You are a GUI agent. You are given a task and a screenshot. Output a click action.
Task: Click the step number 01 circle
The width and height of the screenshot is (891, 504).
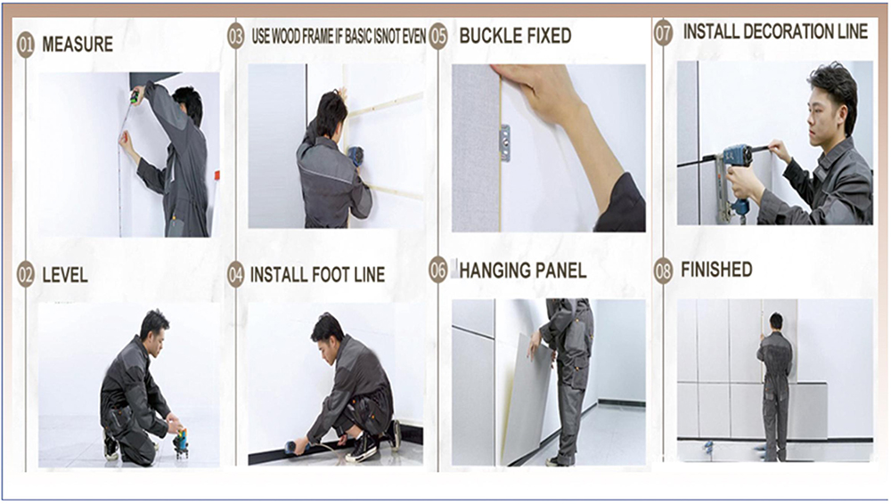click(x=26, y=45)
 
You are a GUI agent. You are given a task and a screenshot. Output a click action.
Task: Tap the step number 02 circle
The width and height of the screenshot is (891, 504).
click(x=26, y=275)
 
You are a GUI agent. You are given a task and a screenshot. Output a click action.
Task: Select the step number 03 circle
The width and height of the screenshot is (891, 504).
click(x=236, y=36)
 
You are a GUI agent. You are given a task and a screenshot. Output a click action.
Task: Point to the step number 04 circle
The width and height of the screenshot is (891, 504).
click(x=236, y=275)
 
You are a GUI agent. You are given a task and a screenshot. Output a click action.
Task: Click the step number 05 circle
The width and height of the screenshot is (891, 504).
click(x=438, y=37)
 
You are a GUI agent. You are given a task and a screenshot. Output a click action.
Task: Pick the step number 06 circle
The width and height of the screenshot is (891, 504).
click(x=438, y=269)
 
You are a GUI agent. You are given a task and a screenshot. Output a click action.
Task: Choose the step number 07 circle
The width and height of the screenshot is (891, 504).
click(x=663, y=32)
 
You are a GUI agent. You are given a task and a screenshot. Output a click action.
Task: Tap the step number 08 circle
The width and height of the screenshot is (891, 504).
click(x=663, y=271)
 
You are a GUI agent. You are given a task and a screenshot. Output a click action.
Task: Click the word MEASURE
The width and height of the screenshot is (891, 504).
click(x=78, y=45)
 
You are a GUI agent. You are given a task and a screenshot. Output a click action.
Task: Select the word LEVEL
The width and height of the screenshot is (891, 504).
click(x=65, y=275)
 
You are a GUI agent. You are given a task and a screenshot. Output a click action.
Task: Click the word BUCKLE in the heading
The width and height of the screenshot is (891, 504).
click(x=487, y=36)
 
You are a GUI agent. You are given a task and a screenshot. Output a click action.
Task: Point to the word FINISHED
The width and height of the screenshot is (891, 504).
click(x=716, y=269)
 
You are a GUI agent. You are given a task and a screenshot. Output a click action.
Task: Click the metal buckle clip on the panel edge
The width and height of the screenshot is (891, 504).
click(x=504, y=142)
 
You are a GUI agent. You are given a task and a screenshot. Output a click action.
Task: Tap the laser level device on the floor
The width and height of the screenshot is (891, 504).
click(x=180, y=443)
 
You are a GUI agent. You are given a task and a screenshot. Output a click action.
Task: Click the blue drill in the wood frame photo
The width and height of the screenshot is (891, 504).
click(x=356, y=156)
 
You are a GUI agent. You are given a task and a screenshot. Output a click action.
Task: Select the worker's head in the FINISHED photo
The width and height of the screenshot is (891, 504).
click(x=776, y=321)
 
